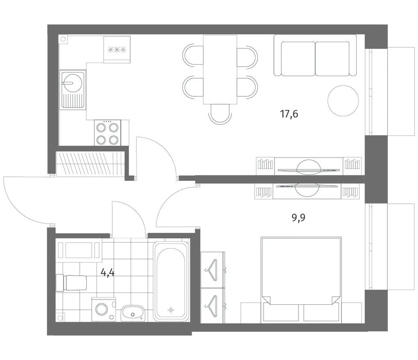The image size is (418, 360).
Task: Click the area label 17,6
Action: tap(289, 114)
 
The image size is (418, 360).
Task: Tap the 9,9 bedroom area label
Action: tap(298, 218)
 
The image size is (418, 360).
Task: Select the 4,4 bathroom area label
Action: tap(107, 272)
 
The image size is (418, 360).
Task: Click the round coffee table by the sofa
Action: tap(343, 101)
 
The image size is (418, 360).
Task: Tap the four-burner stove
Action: tap(107, 133)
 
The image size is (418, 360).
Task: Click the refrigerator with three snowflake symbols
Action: tap(117, 49)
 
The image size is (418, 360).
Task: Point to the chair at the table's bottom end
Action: tap(220, 113)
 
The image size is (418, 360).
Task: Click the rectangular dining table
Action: tap(220, 69)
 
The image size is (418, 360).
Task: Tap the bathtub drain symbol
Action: tap(171, 310)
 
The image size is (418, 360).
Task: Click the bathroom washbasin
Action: tap(133, 313)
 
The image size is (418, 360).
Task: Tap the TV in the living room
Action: tap(308, 169)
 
